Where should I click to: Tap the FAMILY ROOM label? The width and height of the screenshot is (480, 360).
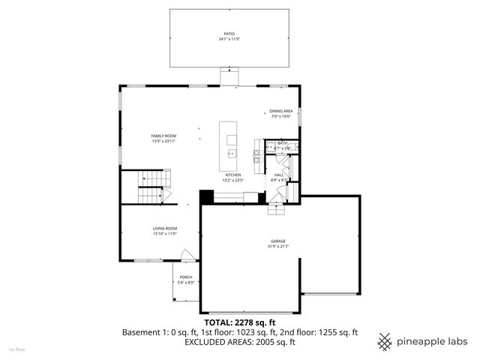click(163, 136)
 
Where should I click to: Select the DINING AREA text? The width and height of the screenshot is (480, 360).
click(280, 111)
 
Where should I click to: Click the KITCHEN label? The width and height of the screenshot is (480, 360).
click(232, 175)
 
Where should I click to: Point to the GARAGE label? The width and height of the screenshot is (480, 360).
click(278, 241)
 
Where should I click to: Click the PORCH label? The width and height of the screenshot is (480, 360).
click(186, 277)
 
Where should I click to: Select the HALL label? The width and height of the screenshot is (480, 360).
click(278, 175)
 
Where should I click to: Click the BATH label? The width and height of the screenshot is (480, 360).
click(282, 143)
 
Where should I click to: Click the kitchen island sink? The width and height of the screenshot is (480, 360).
click(232, 152)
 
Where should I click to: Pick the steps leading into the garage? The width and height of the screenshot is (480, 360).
click(277, 210)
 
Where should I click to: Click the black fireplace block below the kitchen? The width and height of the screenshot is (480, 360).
click(206, 196)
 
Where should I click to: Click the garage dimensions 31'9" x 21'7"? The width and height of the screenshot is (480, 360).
click(278, 247)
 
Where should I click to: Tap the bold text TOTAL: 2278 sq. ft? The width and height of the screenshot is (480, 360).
click(240, 322)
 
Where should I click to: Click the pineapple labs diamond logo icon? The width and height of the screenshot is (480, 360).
click(385, 341)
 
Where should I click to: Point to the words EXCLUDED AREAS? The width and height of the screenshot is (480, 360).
click(214, 341)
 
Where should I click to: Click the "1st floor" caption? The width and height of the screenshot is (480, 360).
click(16, 349)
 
